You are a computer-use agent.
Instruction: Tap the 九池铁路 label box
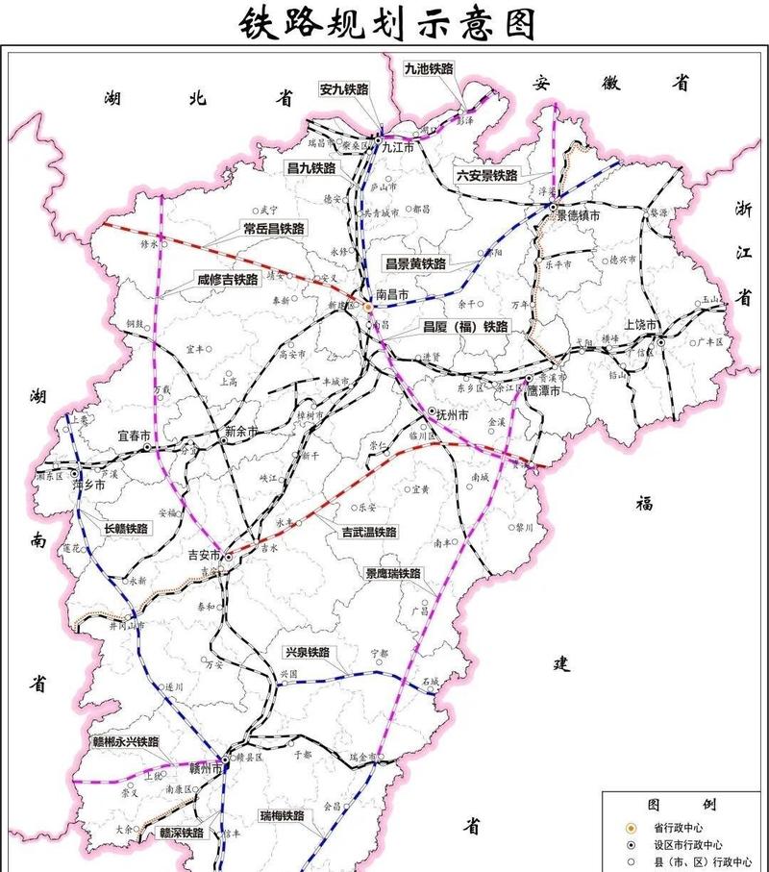click(x=428, y=69)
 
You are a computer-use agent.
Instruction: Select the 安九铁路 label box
click(x=345, y=90)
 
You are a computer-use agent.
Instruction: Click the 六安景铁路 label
click(x=486, y=176)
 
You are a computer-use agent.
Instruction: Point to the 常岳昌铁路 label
click(x=273, y=229)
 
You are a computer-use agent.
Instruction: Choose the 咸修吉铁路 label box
click(x=227, y=280)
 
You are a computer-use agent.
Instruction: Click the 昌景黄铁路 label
click(x=415, y=263)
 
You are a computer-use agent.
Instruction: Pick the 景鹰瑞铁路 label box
click(x=392, y=574)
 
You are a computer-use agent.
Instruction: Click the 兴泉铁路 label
click(x=306, y=652)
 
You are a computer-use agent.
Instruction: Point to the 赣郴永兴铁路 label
click(x=125, y=741)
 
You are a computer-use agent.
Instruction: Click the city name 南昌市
click(x=391, y=295)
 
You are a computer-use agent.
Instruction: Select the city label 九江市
click(x=397, y=148)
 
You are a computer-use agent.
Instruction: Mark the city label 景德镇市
click(x=580, y=216)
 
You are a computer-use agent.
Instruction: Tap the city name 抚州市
click(x=450, y=415)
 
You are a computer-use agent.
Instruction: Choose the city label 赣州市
click(x=203, y=769)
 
